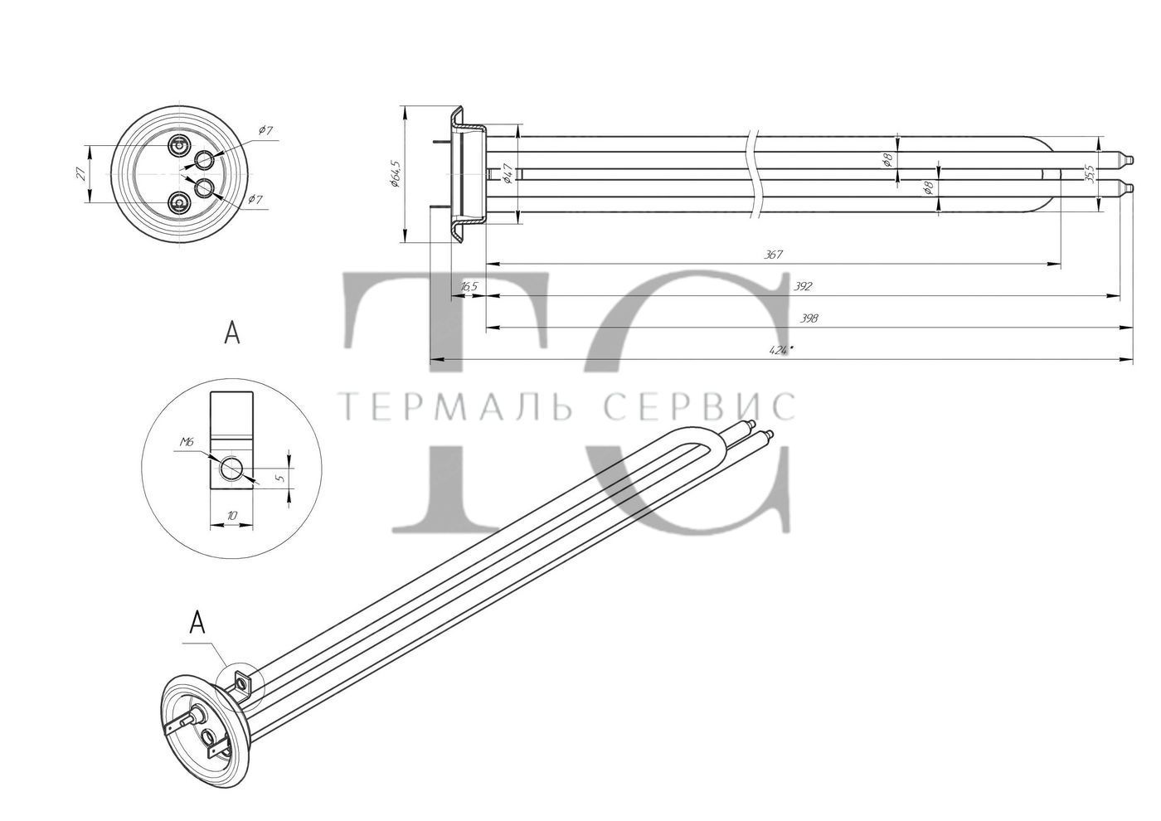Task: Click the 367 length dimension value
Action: [773, 255]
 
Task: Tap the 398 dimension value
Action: [809, 318]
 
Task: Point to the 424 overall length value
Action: [781, 350]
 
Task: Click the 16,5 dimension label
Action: [469, 287]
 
